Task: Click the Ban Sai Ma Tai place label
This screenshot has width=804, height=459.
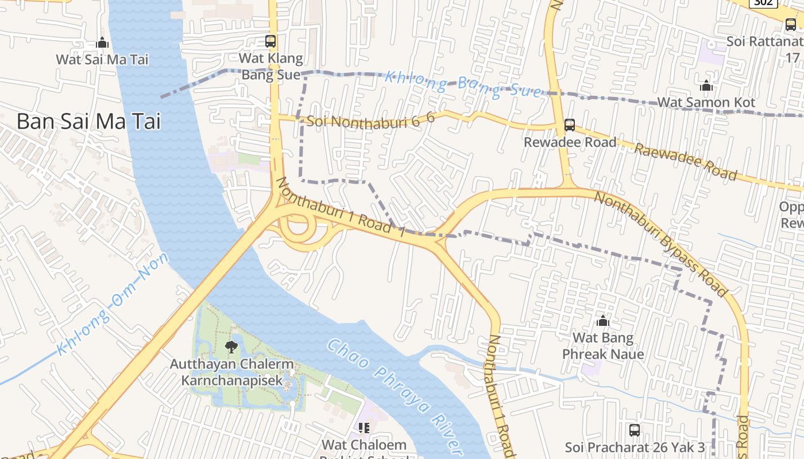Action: [x=88, y=122]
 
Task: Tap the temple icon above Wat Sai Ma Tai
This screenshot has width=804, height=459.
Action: [x=102, y=42]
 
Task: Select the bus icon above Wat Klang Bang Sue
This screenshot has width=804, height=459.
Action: [x=270, y=41]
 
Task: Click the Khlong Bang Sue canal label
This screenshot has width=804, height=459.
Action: [x=463, y=84]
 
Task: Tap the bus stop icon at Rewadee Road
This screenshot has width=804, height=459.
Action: [x=570, y=125]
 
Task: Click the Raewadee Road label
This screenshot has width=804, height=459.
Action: [x=685, y=161]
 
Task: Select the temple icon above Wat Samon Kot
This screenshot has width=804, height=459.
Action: [x=706, y=86]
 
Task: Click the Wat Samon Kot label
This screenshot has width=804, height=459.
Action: [x=706, y=103]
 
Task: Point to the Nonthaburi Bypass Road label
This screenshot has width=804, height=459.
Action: [x=660, y=243]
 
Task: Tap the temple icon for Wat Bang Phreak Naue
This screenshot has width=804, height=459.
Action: [x=603, y=321]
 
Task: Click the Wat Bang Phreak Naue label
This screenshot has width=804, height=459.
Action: [x=603, y=346]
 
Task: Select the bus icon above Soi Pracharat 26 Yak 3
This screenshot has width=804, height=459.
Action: [x=635, y=430]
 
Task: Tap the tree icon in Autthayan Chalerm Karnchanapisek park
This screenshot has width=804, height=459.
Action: [x=231, y=347]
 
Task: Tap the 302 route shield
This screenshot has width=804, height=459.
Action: [x=763, y=2]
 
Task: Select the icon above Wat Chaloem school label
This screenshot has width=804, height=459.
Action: [x=364, y=428]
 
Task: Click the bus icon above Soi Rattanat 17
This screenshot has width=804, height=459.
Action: [x=791, y=24]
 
